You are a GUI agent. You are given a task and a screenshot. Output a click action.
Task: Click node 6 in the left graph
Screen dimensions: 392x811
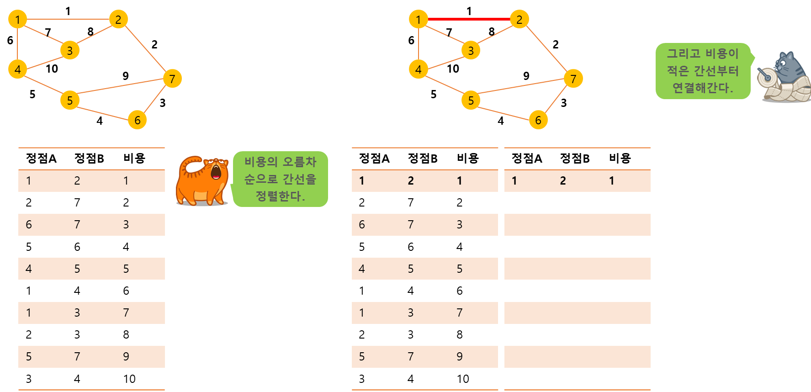[x=137, y=120]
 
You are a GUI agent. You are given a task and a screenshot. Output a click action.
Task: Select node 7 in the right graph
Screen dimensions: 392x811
[x=573, y=79]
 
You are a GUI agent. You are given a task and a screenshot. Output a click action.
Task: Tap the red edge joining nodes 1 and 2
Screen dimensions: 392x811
[x=469, y=19]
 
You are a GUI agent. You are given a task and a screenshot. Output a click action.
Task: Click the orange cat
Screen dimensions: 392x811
[x=202, y=181]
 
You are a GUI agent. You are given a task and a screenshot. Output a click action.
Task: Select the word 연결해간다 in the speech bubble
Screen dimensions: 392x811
[x=702, y=88]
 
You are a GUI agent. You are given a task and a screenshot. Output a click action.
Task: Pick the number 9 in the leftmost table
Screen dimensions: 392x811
[x=126, y=356]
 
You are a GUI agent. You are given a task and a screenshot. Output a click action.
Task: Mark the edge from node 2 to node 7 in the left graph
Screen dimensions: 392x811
[x=145, y=48]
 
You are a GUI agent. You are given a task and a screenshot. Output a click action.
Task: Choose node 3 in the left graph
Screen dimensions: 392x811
[x=69, y=50]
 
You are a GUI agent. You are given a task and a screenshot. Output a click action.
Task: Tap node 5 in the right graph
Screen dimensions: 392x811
[x=471, y=101]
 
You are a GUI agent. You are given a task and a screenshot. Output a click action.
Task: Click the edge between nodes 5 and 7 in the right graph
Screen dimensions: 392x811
[x=522, y=86]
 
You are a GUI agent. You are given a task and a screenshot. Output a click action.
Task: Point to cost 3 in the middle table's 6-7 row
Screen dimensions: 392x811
[x=460, y=225]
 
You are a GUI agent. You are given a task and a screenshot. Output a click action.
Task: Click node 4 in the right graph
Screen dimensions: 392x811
[x=418, y=69]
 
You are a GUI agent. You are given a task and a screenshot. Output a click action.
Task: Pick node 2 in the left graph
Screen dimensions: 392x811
[x=118, y=19]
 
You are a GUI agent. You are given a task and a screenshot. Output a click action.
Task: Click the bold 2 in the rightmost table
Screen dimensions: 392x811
[x=563, y=181]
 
